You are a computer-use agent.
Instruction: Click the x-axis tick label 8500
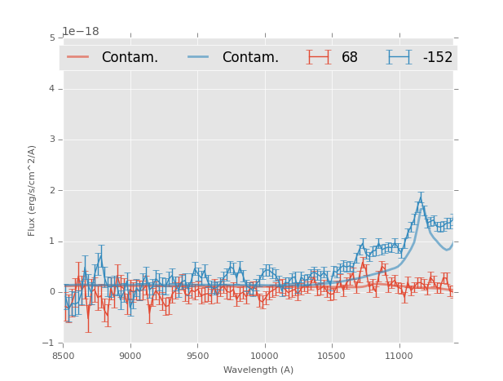[63, 356]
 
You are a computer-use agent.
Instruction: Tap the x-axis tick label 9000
[130, 356]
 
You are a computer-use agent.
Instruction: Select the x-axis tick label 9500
[197, 356]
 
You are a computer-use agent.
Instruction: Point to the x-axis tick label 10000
[264, 356]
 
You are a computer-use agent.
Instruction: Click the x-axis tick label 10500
[332, 356]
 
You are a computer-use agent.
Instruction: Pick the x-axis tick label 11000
[399, 356]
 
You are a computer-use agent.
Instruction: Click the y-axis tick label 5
[52, 38]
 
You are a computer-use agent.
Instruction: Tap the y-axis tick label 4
[52, 88]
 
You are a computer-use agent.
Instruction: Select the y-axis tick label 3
[52, 140]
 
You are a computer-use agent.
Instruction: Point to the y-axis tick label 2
[52, 190]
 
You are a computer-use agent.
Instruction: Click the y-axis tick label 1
[52, 241]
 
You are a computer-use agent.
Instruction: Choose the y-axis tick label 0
[52, 292]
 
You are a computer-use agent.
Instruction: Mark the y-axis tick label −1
[50, 343]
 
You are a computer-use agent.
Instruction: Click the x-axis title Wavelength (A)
[258, 370]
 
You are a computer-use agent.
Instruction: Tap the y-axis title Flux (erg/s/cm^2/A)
[33, 190]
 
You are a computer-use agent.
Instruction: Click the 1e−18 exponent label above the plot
[81, 32]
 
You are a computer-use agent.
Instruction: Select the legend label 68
[350, 58]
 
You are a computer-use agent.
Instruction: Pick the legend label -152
[437, 58]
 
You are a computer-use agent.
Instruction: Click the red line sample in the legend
[78, 57]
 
